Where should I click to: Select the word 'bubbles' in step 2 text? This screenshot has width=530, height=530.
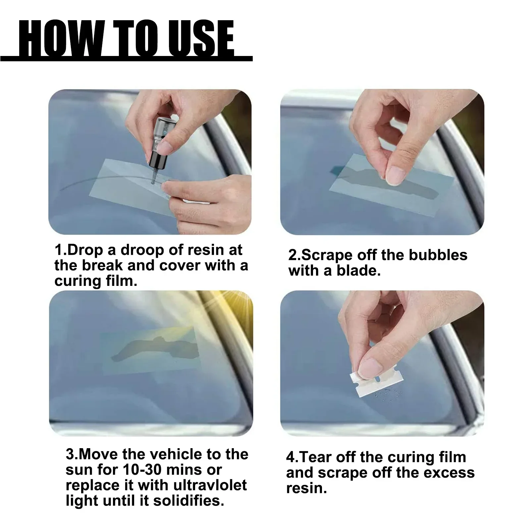[x=438, y=255]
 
